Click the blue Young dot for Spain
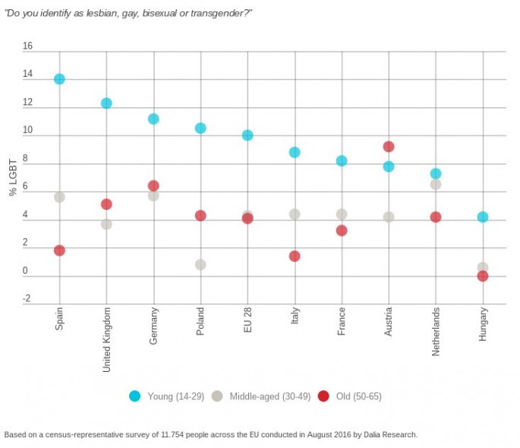click(x=59, y=79)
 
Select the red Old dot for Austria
click(x=389, y=147)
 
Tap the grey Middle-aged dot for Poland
click(x=200, y=265)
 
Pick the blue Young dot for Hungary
click(x=483, y=217)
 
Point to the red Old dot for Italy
click(x=295, y=256)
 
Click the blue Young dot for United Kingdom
click(x=106, y=103)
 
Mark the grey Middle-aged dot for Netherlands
click(x=436, y=184)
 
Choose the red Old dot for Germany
click(x=153, y=186)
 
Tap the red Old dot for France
click(x=342, y=230)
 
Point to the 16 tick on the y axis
click(x=28, y=46)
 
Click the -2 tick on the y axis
click(x=27, y=299)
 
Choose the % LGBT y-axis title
click(x=13, y=178)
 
